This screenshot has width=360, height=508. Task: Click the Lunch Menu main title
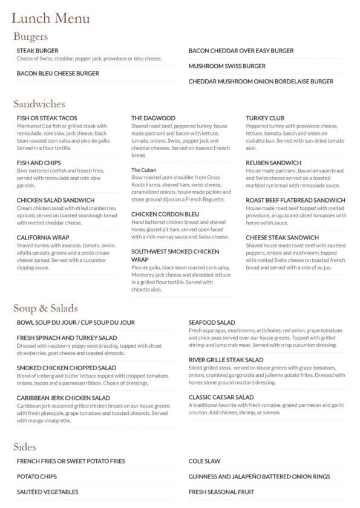(51, 19)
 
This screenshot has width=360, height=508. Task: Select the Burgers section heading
(30, 37)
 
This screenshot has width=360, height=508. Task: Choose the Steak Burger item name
(38, 51)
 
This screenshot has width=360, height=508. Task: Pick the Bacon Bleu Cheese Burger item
(58, 73)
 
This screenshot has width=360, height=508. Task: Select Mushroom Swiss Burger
(227, 65)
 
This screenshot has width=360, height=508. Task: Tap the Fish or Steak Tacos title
(47, 118)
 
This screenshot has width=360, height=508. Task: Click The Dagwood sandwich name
(153, 118)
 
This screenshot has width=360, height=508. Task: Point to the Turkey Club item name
(265, 118)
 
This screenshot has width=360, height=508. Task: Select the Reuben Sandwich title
(273, 163)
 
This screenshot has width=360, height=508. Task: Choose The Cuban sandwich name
(144, 171)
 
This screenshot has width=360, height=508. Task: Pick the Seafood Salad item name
(212, 322)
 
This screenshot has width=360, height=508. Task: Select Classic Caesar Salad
(221, 397)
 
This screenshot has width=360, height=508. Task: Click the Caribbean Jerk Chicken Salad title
(67, 397)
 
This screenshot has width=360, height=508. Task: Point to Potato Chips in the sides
(37, 477)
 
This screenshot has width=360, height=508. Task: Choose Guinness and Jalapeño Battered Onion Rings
(259, 477)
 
